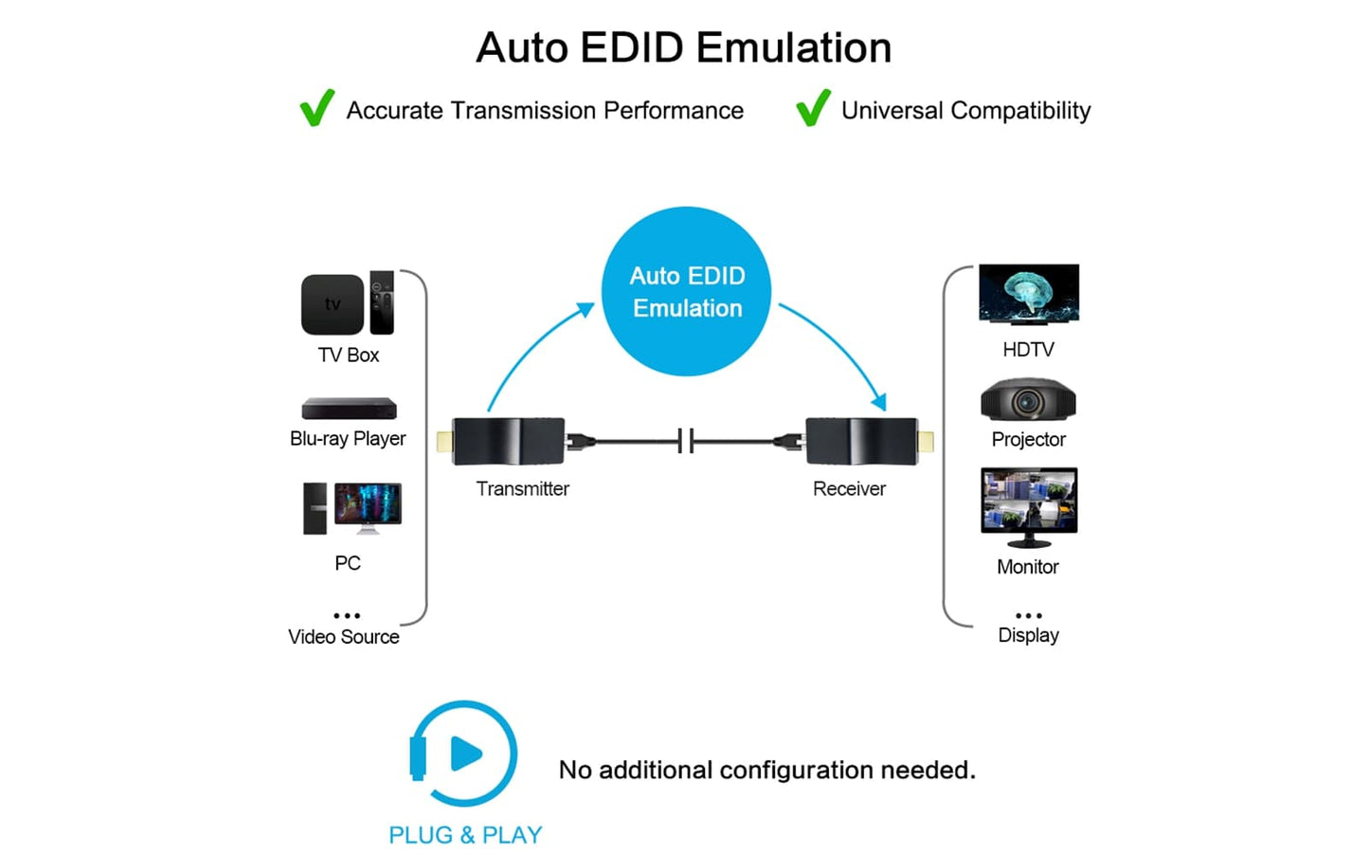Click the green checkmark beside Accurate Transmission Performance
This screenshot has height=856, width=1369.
(x=316, y=108)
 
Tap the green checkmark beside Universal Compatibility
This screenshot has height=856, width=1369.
(x=813, y=108)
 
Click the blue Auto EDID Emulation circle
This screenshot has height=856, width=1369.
(x=687, y=291)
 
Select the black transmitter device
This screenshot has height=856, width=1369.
(x=509, y=441)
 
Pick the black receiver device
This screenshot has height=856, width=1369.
(x=861, y=441)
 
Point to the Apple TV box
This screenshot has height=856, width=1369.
(x=333, y=304)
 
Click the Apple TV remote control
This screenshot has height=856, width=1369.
(x=382, y=301)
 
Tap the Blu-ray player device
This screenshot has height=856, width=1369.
(x=349, y=409)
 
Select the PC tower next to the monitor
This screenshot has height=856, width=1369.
(x=315, y=508)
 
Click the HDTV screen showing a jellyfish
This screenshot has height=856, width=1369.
(x=1028, y=294)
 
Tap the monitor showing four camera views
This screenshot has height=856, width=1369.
(x=1029, y=502)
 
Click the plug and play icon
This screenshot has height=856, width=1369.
(x=464, y=755)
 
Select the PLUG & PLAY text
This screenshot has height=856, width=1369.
(x=465, y=835)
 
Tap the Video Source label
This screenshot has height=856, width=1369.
(x=344, y=637)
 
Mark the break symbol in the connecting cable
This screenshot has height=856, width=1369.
(x=686, y=441)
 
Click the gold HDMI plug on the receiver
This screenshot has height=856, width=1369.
(x=926, y=441)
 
